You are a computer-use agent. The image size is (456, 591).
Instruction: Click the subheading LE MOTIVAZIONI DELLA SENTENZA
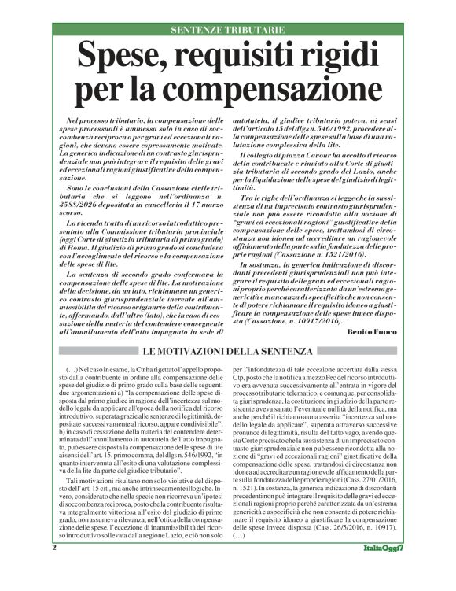pyautogui.click(x=228, y=350)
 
